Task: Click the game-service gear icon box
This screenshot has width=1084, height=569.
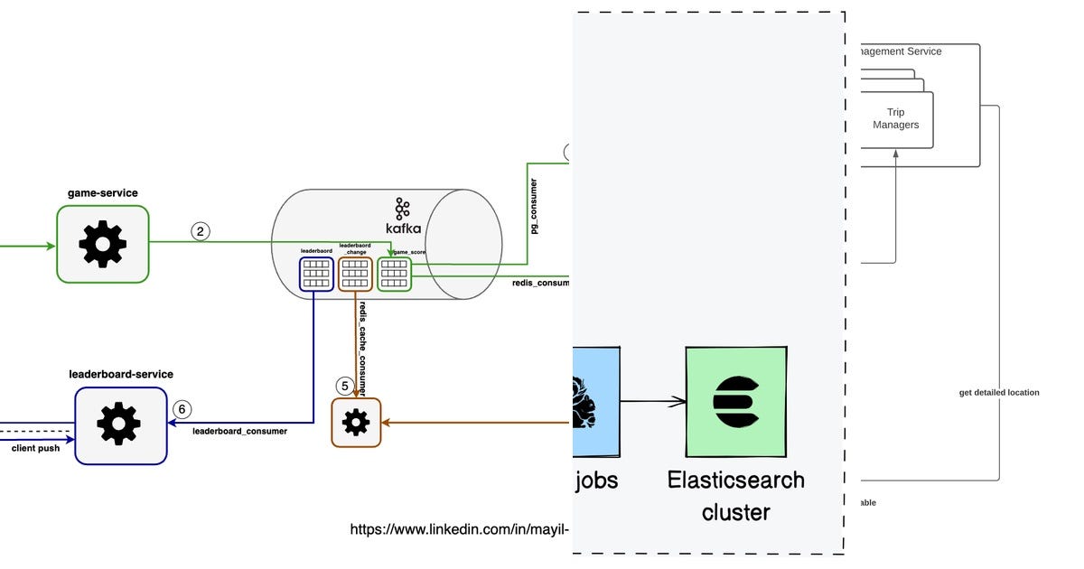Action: (103, 244)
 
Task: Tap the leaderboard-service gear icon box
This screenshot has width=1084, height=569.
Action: (121, 425)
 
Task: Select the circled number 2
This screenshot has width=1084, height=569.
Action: (201, 231)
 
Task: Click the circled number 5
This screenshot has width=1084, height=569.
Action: (344, 386)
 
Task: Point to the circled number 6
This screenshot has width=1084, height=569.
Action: (182, 409)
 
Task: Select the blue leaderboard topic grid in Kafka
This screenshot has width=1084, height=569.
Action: (316, 274)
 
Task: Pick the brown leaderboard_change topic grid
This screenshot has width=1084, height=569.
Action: (355, 274)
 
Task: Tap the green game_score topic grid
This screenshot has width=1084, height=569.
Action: (394, 274)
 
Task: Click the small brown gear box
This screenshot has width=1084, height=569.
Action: (356, 422)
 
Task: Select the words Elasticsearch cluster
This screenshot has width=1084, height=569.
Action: (735, 495)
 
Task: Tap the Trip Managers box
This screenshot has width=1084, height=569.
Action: (895, 119)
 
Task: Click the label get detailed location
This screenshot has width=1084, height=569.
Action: (999, 393)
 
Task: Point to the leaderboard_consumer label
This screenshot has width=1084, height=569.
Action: (239, 432)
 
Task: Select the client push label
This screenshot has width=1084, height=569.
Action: (36, 448)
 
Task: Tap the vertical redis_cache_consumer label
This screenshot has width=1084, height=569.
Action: (361, 347)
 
